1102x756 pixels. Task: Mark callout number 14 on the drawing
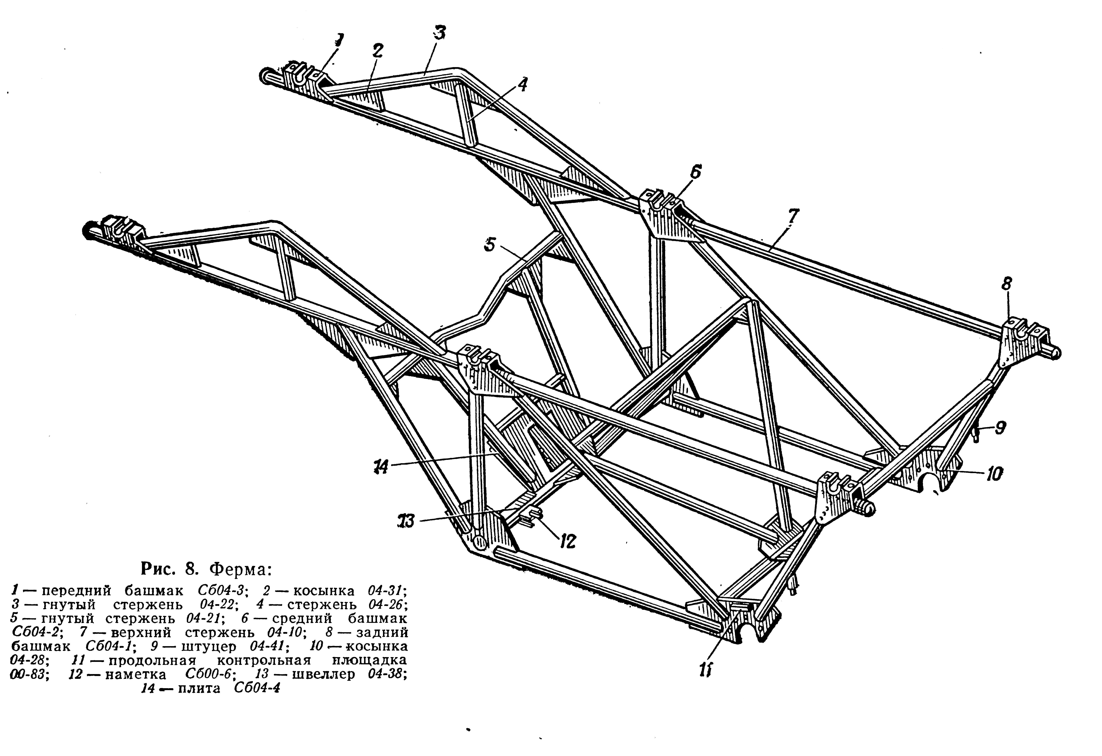pyautogui.click(x=380, y=467)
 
